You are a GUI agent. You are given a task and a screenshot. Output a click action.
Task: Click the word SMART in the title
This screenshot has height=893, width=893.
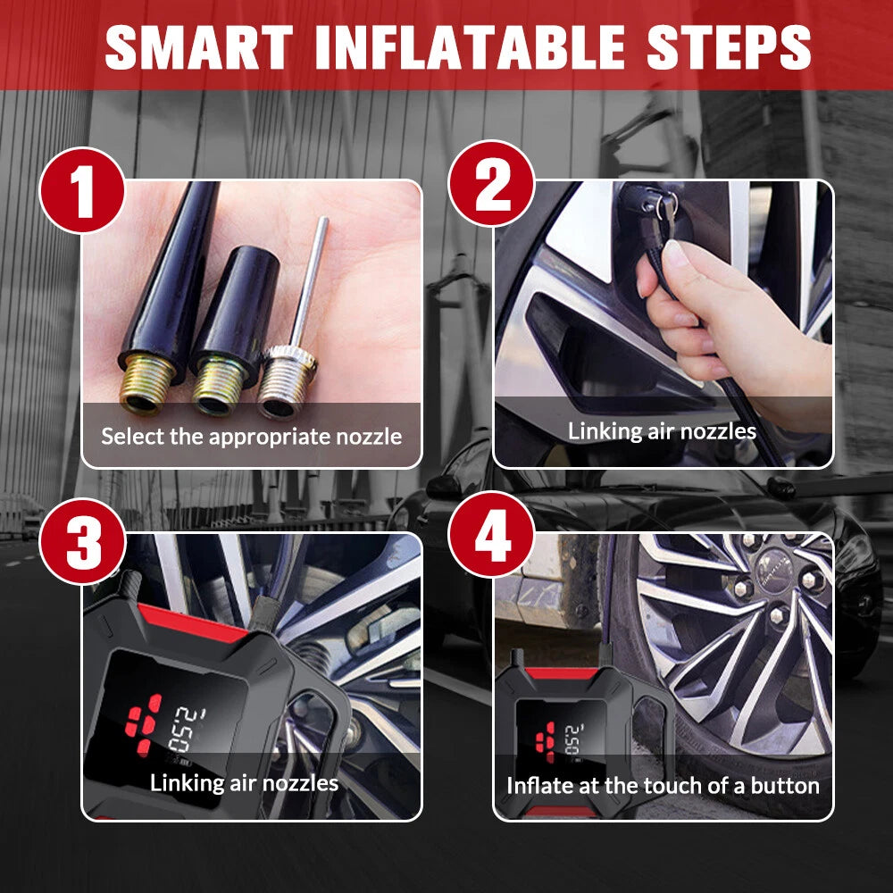point(199,47)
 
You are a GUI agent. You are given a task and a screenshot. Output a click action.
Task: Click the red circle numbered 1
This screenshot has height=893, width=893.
point(82,190)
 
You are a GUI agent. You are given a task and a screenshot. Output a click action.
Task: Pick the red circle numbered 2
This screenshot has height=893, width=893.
point(492,183)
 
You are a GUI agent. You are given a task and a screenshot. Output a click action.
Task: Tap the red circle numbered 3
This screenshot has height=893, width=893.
point(82,541)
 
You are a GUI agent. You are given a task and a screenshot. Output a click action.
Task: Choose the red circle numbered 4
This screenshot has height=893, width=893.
point(492,535)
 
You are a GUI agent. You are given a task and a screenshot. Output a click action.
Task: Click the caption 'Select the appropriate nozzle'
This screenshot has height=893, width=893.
point(251,437)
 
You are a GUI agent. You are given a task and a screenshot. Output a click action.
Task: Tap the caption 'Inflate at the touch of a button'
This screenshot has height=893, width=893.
point(663,786)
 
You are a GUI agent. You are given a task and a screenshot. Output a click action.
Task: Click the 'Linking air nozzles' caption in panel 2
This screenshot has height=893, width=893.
point(662,431)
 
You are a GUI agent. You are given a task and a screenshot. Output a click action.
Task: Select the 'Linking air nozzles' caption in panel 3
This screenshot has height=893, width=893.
point(244,783)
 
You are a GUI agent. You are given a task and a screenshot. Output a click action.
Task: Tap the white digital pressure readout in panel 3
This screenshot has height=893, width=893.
point(183,730)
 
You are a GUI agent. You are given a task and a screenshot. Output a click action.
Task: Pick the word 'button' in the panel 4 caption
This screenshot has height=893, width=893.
point(785,786)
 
